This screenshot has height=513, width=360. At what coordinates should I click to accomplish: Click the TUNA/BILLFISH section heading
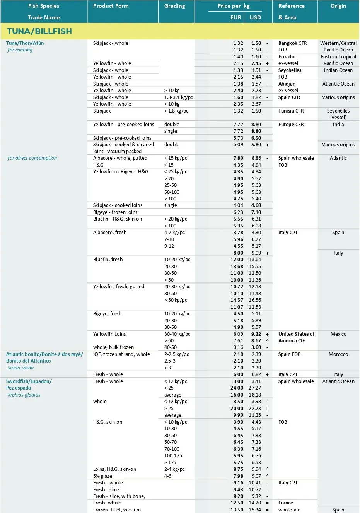tap(39, 31)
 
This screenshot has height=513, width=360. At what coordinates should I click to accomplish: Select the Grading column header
tap(174, 6)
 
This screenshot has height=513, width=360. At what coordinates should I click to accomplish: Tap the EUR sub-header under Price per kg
tap(235, 17)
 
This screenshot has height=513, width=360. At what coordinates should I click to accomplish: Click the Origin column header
tap(338, 6)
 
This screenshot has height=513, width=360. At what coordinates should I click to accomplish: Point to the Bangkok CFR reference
tap(292, 43)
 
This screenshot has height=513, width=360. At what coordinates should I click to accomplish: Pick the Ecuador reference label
tap(287, 57)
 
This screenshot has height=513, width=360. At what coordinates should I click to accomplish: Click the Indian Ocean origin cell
tap(338, 70)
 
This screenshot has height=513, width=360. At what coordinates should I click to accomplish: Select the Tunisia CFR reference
tap(291, 111)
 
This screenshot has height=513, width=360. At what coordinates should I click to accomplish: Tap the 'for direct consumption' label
tap(32, 158)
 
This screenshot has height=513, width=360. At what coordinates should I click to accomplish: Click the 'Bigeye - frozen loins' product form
tap(115, 212)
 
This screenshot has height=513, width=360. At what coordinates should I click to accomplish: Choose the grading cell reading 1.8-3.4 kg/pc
tap(178, 97)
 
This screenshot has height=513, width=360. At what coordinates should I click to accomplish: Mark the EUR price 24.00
tap(237, 388)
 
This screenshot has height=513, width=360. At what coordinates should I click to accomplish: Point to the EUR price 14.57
tap(237, 300)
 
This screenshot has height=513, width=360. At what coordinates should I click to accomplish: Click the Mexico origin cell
tap(338, 334)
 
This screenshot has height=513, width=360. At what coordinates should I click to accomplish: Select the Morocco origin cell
tap(338, 354)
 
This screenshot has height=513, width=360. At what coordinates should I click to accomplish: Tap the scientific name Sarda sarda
tap(20, 368)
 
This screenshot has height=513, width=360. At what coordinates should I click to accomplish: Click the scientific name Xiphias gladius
tap(24, 395)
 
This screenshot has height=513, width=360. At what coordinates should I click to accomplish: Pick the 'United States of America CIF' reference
tap(296, 337)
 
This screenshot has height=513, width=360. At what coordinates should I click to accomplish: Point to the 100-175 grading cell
tap(173, 456)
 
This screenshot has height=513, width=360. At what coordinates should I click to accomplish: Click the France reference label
tap(286, 503)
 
